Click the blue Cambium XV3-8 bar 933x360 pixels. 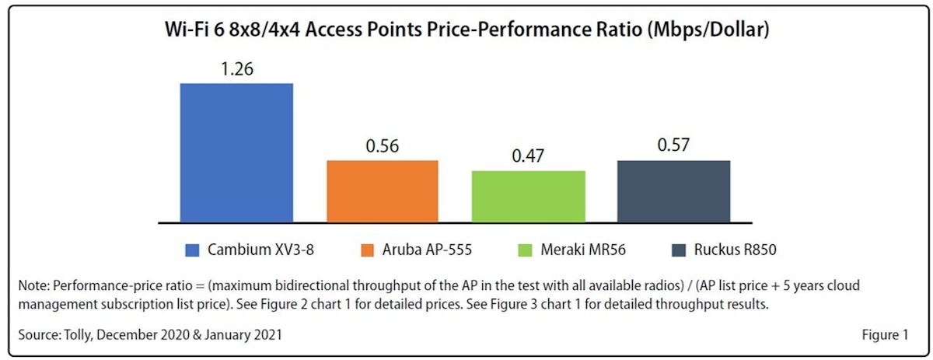coord(236,152)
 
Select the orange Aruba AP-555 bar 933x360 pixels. coord(383,191)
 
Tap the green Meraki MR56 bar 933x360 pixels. coord(528,196)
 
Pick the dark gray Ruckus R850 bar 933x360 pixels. coord(674,191)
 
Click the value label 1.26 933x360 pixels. coord(236,69)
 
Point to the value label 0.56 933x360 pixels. coord(383,147)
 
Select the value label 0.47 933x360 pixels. coord(528,157)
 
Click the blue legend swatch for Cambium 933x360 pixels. coord(193,250)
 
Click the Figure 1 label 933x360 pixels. coord(884,335)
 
